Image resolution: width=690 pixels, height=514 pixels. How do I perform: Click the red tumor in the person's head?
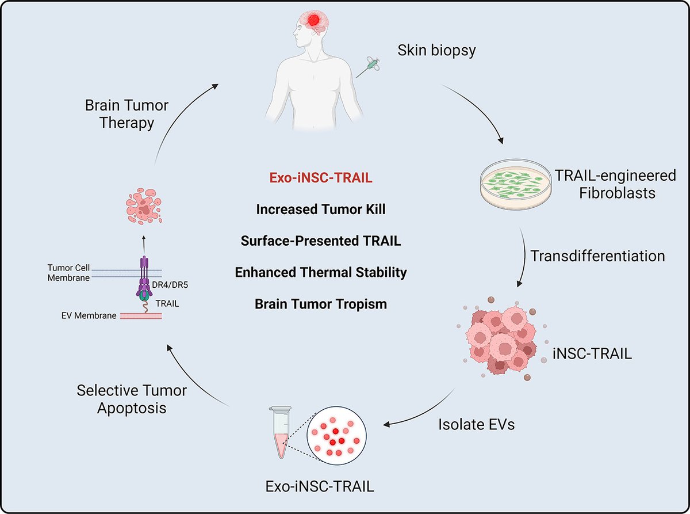pos(315,21)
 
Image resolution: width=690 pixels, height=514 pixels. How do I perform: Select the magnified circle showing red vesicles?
pos(333,434)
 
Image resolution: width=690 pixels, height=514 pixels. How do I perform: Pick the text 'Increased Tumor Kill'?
pos(321,210)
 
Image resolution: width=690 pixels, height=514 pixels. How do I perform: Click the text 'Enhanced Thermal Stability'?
pos(321,272)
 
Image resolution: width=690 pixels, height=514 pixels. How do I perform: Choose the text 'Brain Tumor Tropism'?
pos(321,303)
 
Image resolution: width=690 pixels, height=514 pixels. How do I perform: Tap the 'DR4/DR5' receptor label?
pos(171,279)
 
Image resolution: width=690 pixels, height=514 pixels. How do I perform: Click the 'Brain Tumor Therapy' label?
pos(126,114)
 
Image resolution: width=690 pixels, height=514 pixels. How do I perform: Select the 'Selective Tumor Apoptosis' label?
pos(132,399)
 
